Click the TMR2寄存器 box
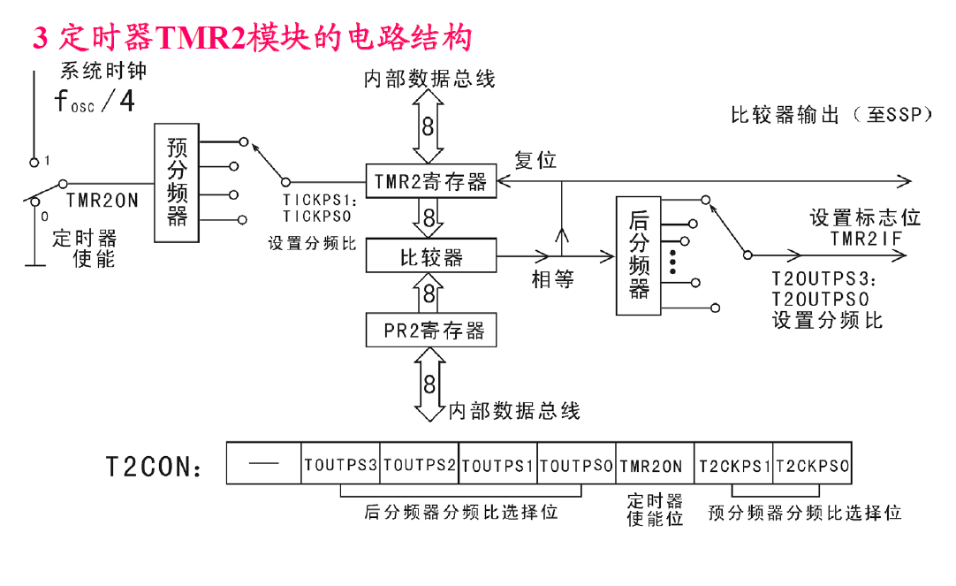point(430,182)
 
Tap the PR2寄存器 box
point(430,331)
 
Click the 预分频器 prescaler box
point(177,182)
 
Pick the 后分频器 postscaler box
point(639,256)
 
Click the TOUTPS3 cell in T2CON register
point(340,465)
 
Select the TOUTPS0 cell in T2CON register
point(575,465)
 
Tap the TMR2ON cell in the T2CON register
point(654,465)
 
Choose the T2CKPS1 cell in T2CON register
point(733,465)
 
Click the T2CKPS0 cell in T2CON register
point(812,465)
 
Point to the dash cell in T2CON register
point(263,465)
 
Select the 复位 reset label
point(535,160)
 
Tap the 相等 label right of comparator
point(552,279)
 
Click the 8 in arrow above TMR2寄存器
point(429,126)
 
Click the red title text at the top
point(253,37)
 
